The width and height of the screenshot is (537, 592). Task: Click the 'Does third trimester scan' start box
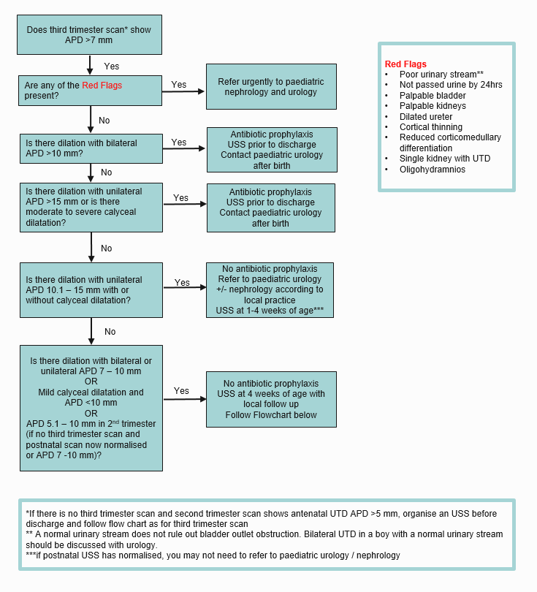click(x=89, y=35)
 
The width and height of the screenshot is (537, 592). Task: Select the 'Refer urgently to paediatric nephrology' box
click(x=271, y=87)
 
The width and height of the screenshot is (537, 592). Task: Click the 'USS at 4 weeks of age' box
click(x=271, y=399)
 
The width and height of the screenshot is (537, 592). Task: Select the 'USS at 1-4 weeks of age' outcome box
click(x=270, y=290)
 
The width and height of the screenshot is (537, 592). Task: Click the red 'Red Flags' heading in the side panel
click(x=405, y=64)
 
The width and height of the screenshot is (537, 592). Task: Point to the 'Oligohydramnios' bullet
click(x=432, y=170)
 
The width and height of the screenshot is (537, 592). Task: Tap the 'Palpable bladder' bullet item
click(x=432, y=96)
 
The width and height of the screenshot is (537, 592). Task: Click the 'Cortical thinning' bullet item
click(x=430, y=127)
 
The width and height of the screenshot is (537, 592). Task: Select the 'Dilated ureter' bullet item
click(x=425, y=117)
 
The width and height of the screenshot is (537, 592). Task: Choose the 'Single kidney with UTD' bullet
click(x=444, y=159)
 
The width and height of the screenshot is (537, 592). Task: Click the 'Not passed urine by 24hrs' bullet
click(x=450, y=85)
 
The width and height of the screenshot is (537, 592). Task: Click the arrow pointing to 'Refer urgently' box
click(x=184, y=91)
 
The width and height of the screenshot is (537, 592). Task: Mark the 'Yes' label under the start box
click(x=112, y=66)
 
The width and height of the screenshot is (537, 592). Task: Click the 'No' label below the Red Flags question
click(x=104, y=121)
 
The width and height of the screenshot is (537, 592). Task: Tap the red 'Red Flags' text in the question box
click(x=102, y=86)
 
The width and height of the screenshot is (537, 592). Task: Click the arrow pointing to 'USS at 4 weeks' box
click(x=184, y=398)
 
